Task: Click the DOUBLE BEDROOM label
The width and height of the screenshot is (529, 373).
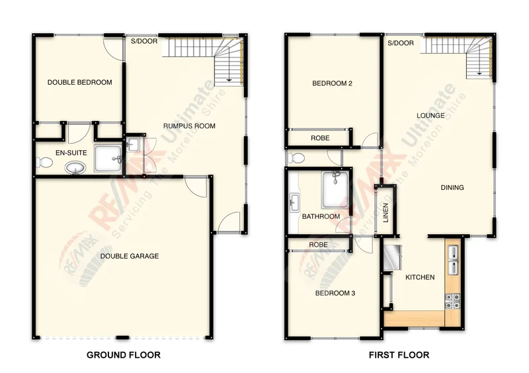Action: coord(79,83)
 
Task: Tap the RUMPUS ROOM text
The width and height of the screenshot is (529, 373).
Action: coord(189,126)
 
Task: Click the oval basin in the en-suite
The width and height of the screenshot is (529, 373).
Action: coord(77,168)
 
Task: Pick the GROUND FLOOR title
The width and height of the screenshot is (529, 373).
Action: coord(124,355)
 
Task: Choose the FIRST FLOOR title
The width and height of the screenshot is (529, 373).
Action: coord(399,355)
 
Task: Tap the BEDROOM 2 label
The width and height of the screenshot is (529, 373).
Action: coord(332,83)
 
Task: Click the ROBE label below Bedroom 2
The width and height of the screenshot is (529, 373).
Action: coord(320,138)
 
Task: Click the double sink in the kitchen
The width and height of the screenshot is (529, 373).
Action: coord(454,260)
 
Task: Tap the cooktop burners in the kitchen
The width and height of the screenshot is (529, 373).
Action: coord(454,301)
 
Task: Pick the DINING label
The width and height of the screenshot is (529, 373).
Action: coord(452,188)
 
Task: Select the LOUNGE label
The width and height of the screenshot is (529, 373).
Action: coord(430,116)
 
